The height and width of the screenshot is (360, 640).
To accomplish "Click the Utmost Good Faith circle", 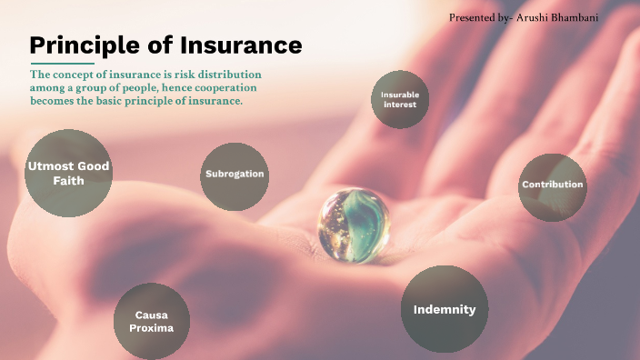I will point(68,173).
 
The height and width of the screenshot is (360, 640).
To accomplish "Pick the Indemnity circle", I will point(445,309).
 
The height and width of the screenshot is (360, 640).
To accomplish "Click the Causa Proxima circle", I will point(151,322).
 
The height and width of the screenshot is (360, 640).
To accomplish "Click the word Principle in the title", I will point(82,45).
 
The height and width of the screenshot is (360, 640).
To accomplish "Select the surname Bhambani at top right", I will point(587,17).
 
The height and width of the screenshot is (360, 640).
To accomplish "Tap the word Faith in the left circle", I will point(68,181).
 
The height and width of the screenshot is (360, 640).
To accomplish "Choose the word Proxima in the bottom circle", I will point(151,328).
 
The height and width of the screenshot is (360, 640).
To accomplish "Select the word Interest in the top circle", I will point(399,105).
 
